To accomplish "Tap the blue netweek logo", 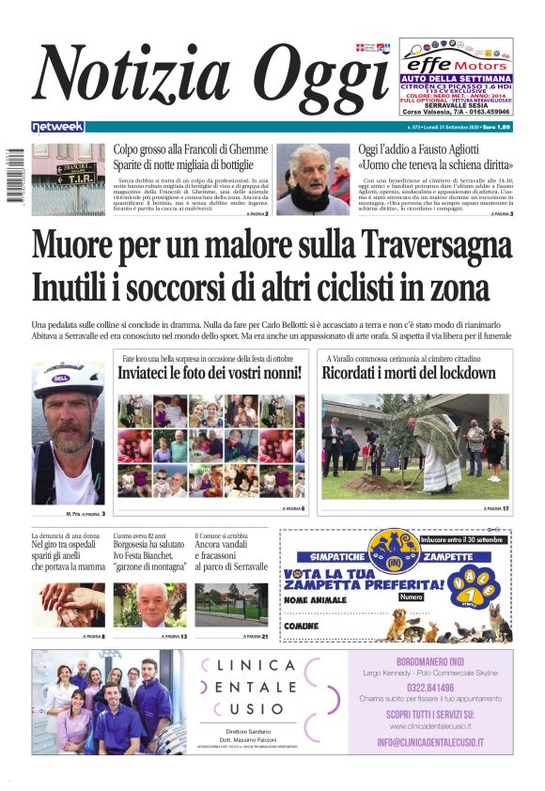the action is [57, 126].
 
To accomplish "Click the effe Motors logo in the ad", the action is [455, 63].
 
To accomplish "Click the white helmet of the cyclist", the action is [69, 379].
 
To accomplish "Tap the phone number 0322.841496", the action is [429, 686].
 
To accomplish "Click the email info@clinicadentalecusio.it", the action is [430, 742].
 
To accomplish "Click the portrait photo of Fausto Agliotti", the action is [313, 178].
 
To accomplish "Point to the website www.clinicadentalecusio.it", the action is [430, 726].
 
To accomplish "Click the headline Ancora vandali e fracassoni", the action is [231, 555].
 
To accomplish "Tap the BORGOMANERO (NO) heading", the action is [429, 659].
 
